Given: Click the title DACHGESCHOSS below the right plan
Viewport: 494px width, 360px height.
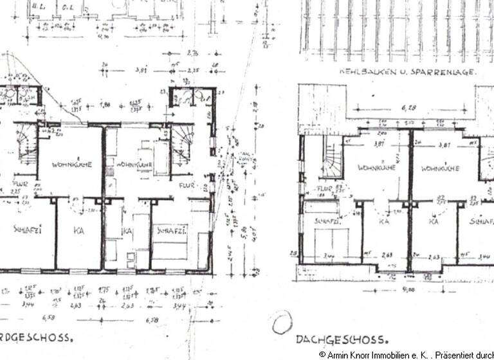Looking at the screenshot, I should (342, 339).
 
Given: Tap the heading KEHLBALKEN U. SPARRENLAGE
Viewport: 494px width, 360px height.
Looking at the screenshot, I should (407, 73).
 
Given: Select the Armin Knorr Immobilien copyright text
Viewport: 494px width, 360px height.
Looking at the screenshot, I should (405, 354).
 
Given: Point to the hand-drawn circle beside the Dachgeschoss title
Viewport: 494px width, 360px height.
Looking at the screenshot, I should (281, 324).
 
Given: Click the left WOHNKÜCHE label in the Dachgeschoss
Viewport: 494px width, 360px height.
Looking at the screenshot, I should (377, 168).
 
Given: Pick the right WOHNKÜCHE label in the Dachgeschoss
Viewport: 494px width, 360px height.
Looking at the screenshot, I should (440, 168).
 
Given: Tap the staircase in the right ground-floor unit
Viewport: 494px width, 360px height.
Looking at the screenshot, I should (182, 148).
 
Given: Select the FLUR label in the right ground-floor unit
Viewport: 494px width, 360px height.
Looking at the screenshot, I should (187, 185).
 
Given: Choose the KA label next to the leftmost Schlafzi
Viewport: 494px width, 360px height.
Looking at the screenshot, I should (78, 230).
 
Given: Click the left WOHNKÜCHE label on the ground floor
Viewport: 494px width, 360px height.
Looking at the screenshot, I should (72, 165).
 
